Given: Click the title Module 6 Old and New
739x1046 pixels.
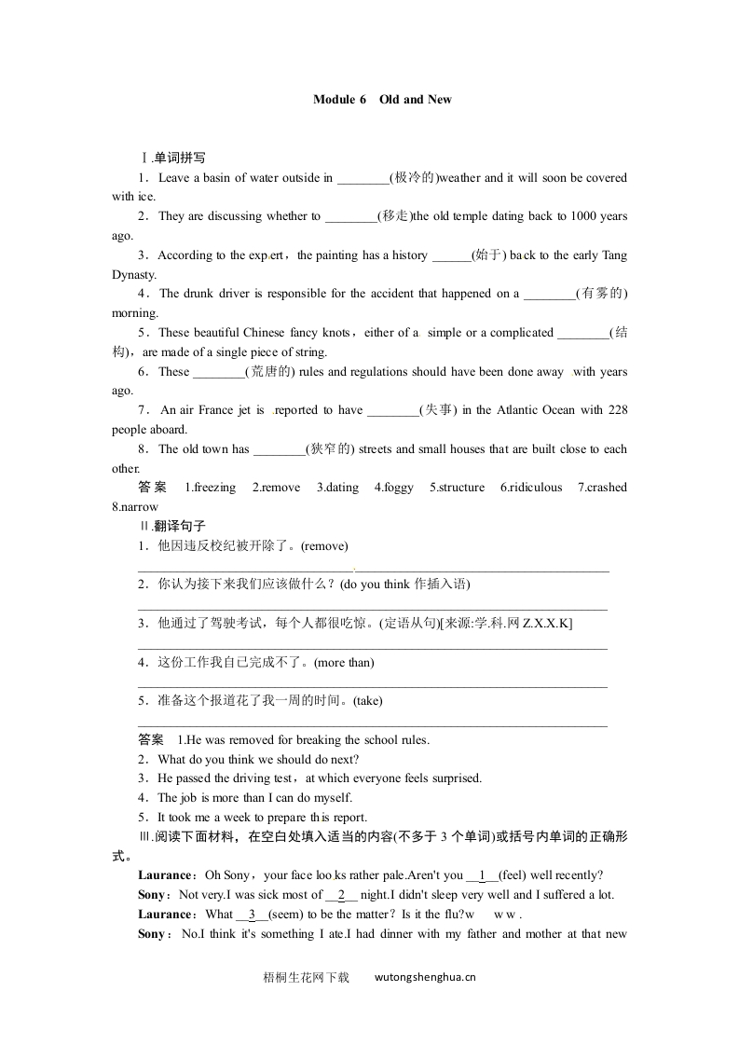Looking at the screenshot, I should coord(382,100).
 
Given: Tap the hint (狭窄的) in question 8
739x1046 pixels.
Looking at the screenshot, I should coord(331,449).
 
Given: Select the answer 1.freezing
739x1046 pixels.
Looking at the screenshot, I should coord(210,488).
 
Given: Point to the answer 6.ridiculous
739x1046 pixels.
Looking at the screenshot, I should coord(530,488).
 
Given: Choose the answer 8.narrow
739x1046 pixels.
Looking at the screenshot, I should coord(135,507).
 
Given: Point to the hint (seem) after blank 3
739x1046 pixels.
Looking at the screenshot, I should coord(279,915).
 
